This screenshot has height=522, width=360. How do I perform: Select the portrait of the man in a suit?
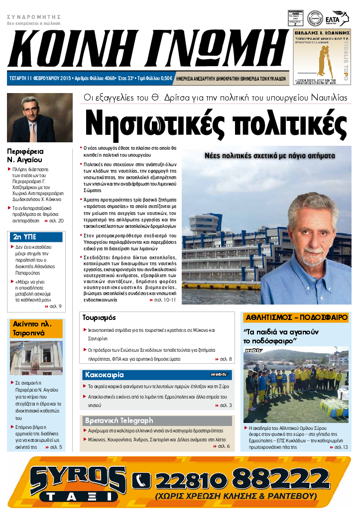(39, 118)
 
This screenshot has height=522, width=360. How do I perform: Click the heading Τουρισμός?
(100, 317)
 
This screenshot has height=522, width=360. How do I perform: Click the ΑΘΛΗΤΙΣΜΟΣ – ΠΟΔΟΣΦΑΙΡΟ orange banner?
(295, 317)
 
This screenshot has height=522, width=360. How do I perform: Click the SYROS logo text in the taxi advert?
(77, 479)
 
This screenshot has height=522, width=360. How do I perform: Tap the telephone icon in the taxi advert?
(141, 480)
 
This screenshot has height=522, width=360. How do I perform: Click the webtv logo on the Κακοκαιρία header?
(220, 374)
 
